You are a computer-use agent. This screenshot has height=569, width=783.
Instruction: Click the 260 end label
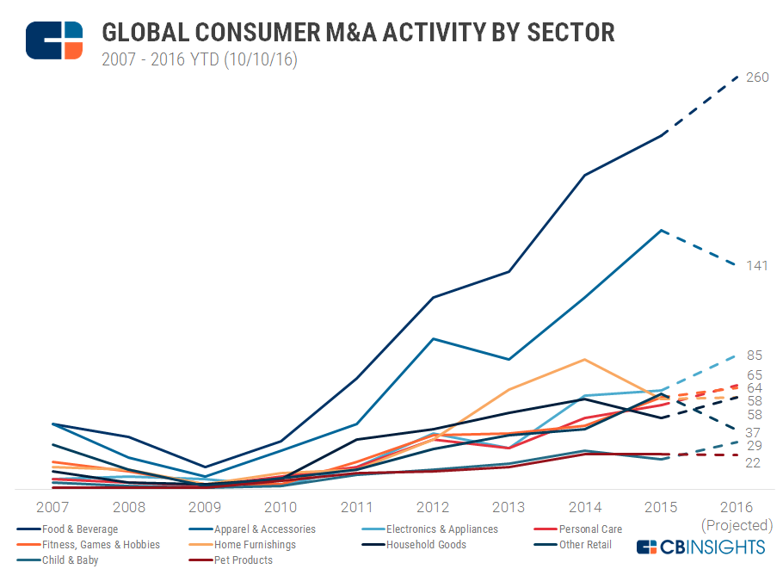click(757, 77)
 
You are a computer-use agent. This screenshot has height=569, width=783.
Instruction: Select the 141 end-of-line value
click(756, 266)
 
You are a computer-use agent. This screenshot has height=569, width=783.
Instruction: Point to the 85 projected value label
click(754, 356)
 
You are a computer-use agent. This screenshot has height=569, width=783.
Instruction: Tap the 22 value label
click(754, 463)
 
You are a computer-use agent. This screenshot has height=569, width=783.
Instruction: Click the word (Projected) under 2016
click(737, 525)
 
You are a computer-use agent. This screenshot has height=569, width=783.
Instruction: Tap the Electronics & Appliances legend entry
click(441, 529)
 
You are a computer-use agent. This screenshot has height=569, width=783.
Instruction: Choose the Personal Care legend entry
click(590, 529)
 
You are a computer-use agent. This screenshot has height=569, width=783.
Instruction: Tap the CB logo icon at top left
click(54, 40)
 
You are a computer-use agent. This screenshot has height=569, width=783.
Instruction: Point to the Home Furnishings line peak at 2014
click(585, 359)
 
